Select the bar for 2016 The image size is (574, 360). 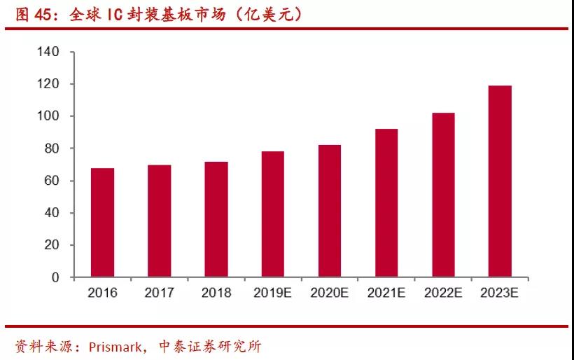(x=102, y=223)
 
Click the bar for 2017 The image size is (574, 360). (x=159, y=221)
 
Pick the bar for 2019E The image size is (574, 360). (x=272, y=214)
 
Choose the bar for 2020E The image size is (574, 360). (x=329, y=211)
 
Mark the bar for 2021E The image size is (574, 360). (x=386, y=203)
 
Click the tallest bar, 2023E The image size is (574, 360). (x=500, y=181)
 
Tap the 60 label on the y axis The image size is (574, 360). (x=52, y=181)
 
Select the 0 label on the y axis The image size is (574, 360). (x=55, y=277)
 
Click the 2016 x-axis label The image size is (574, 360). (x=102, y=293)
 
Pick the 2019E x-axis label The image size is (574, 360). (x=272, y=293)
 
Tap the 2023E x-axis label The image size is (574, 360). (x=500, y=293)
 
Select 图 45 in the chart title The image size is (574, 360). (x=34, y=15)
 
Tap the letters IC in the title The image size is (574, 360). (x=115, y=15)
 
